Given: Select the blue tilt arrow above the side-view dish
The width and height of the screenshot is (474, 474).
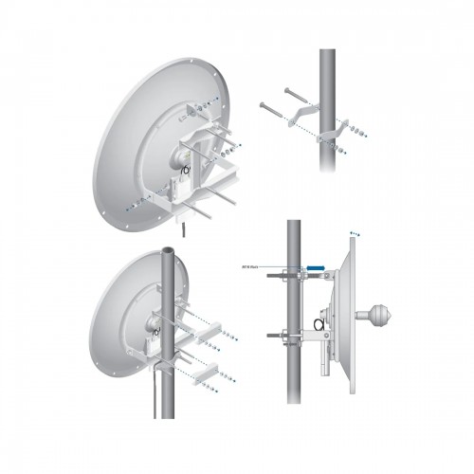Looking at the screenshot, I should (x=354, y=230).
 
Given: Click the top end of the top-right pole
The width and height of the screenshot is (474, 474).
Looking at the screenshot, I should (x=327, y=53).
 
